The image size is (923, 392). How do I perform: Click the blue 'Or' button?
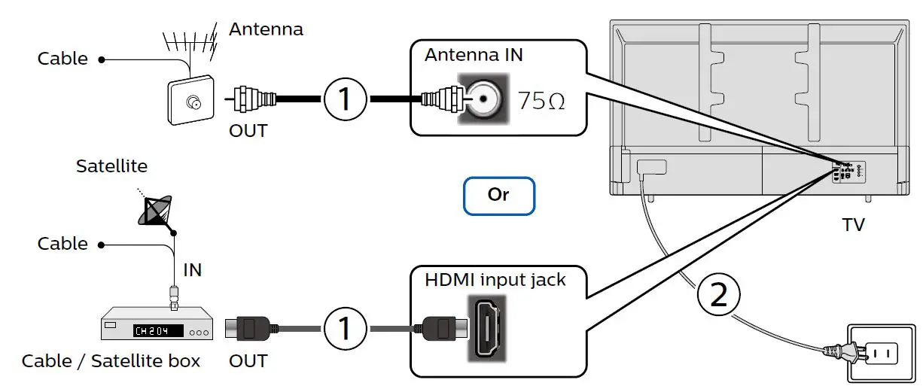click(499, 196)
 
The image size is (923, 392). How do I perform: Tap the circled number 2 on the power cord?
click(719, 295)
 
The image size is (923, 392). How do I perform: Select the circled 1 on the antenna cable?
click(346, 99)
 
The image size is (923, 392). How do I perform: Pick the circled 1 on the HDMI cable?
click(346, 329)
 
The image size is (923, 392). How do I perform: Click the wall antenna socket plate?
click(190, 100)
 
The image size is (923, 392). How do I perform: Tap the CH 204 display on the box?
click(158, 330)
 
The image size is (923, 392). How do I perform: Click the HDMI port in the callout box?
click(487, 328)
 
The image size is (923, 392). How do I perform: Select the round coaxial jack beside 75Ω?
click(483, 99)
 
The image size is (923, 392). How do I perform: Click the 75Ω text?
click(541, 101)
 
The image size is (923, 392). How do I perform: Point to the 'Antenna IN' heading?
click(474, 55)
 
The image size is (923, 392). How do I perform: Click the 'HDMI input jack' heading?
click(495, 280)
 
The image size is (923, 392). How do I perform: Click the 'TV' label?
click(854, 225)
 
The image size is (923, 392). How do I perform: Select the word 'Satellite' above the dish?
click(111, 166)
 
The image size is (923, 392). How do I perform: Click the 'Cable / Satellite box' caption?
click(111, 361)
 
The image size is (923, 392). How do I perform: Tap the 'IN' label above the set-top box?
click(193, 270)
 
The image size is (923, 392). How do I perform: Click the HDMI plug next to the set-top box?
click(249, 329)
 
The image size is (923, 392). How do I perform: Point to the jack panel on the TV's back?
click(848, 172)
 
